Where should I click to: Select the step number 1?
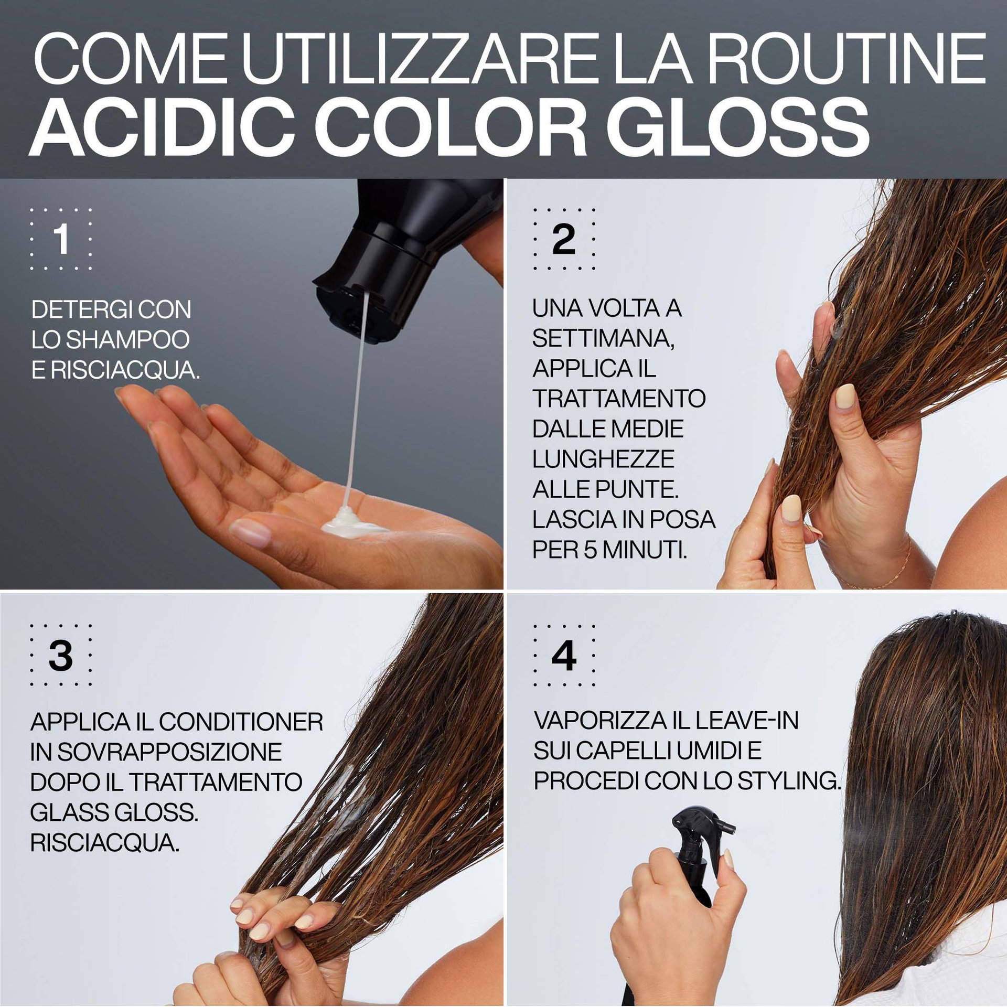click(61, 239)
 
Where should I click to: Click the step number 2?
click(564, 239)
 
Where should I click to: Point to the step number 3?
click(61, 656)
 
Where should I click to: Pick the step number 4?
click(564, 656)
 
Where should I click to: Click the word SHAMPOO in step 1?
click(128, 340)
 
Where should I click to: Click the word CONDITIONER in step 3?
click(241, 722)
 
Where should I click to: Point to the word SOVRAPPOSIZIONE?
click(169, 752)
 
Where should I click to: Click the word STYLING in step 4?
click(789, 780)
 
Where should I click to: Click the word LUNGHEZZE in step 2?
click(603, 459)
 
